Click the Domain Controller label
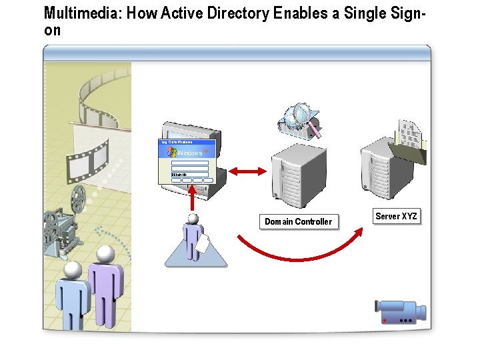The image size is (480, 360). (298, 221)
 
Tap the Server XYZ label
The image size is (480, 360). (396, 216)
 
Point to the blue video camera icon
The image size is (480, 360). (399, 311)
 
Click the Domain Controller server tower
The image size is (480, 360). (298, 177)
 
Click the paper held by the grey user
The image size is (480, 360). (203, 244)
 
